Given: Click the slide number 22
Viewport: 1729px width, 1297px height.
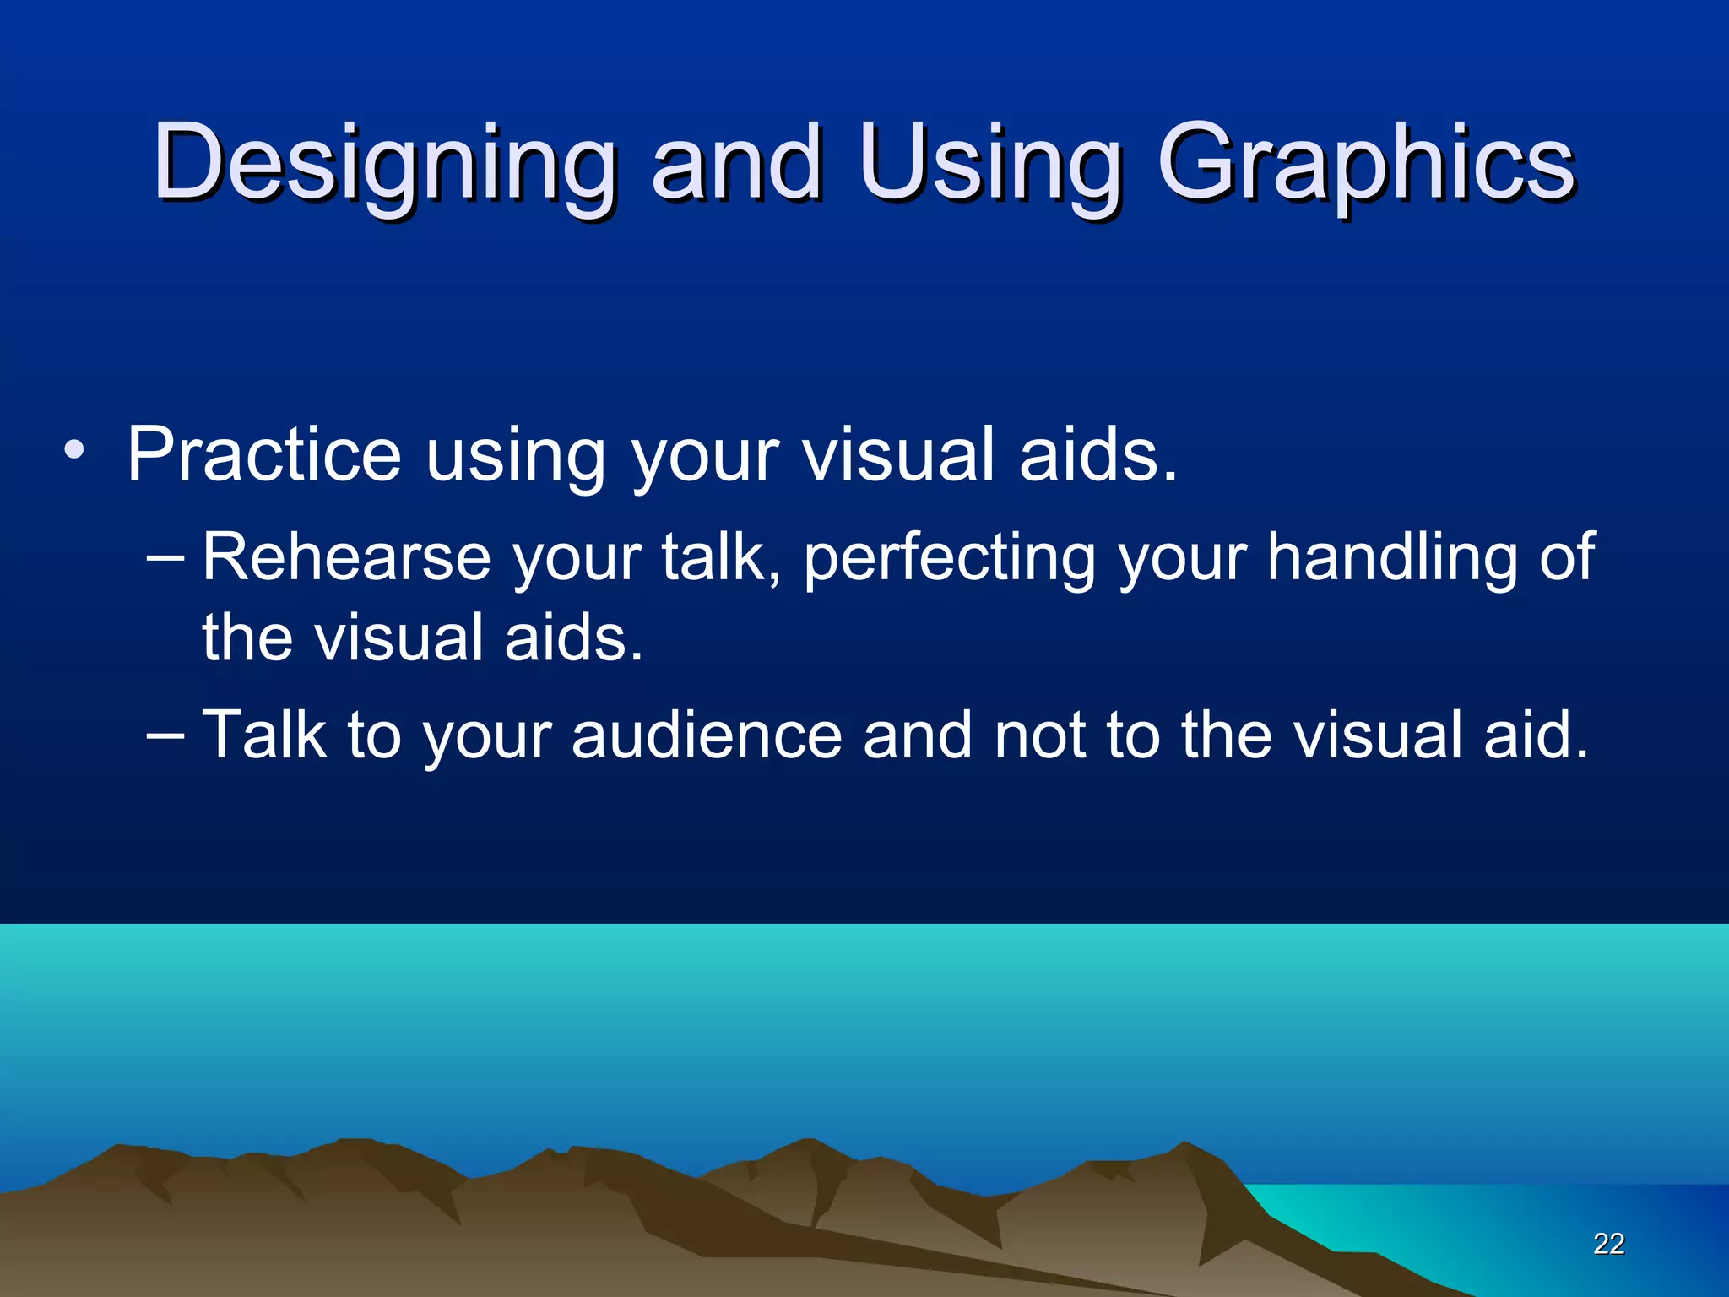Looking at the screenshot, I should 1608,1244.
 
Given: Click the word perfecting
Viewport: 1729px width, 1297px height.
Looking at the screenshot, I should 949,559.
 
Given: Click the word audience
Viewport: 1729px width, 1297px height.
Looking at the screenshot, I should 707,735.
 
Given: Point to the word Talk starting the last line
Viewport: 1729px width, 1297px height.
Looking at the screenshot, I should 264,735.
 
